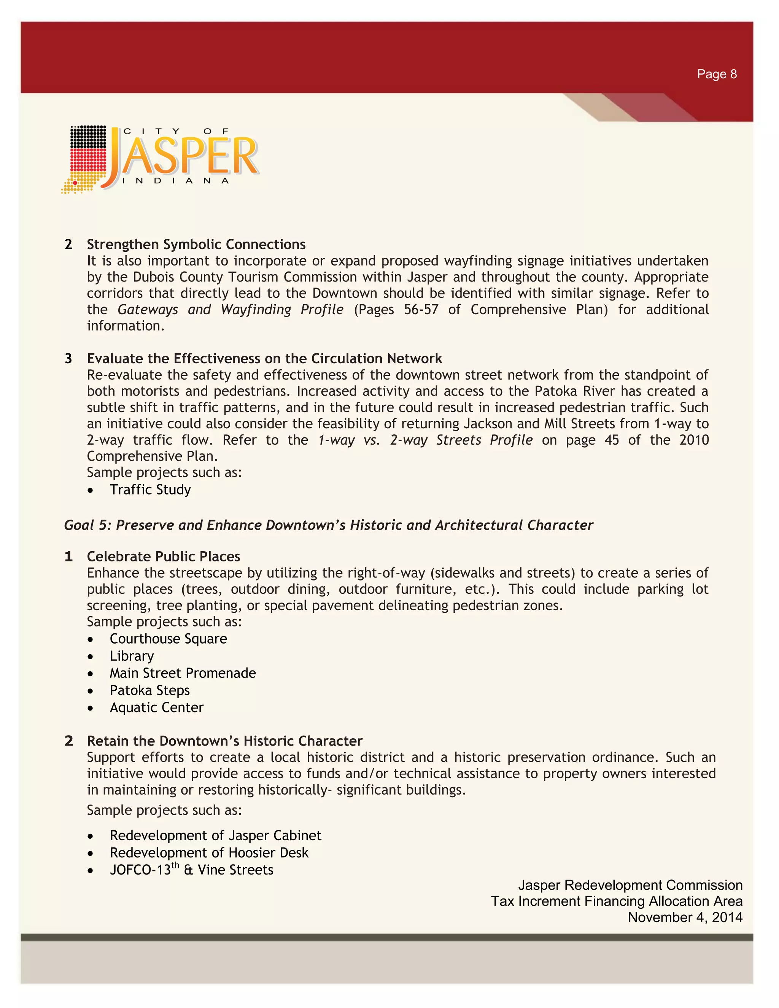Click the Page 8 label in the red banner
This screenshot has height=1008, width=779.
716,74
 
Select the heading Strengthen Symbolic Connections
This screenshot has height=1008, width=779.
196,244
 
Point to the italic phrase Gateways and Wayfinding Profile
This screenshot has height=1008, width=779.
230,309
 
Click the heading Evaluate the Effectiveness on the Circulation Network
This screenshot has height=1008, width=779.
264,359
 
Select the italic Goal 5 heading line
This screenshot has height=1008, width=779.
328,525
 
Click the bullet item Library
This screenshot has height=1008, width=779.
132,656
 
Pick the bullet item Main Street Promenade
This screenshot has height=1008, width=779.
182,673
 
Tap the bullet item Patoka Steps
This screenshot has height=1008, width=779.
149,690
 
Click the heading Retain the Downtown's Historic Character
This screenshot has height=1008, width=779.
224,741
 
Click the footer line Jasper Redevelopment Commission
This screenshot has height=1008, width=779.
630,885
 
